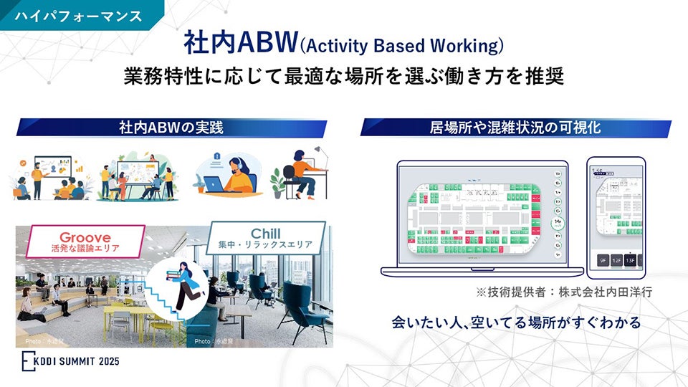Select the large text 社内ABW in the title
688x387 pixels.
[239, 45]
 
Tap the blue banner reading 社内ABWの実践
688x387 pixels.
[171, 128]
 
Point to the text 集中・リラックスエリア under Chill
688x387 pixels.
[265, 246]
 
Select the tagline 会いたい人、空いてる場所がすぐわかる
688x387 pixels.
[515, 322]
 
